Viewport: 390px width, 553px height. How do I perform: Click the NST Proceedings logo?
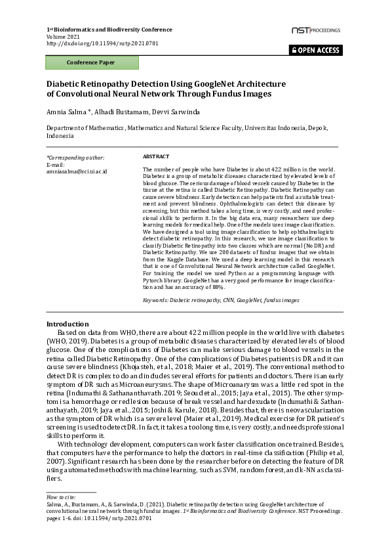click(316, 31)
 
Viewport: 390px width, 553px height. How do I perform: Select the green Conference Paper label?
click(90, 63)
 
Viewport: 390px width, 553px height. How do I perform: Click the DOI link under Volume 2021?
click(102, 43)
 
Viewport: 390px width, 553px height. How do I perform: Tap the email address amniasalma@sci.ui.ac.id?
click(77, 171)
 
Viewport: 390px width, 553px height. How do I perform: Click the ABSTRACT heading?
click(156, 157)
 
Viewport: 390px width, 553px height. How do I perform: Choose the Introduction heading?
click(67, 324)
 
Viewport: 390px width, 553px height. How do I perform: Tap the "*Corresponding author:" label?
click(75, 158)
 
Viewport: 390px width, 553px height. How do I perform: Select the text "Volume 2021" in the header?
click(62, 36)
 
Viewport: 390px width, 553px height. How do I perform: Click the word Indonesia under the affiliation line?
click(60, 136)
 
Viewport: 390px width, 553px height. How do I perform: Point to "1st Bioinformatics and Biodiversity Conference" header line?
click(109, 30)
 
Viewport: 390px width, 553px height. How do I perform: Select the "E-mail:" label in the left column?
click(56, 164)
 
